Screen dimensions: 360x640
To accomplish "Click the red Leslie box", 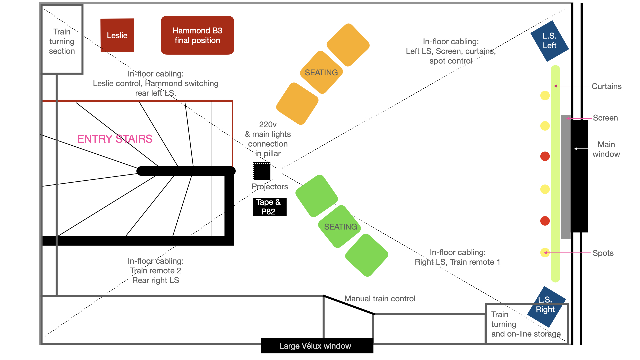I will [x=117, y=35].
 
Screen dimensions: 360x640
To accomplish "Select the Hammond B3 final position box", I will [x=197, y=35].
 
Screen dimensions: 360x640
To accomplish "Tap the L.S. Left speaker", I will [x=549, y=41].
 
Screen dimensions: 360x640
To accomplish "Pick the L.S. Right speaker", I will [x=546, y=305].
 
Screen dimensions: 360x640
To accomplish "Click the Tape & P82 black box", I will [x=270, y=207].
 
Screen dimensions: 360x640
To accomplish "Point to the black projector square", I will [x=262, y=171].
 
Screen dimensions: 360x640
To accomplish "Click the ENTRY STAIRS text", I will [x=115, y=139].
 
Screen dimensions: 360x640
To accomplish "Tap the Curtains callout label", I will [x=606, y=86].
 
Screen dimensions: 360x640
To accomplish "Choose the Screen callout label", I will [x=605, y=118].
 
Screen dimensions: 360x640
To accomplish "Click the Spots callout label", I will [x=603, y=253].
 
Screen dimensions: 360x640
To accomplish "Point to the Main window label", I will [x=606, y=149].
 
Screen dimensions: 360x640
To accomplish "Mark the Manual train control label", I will [x=380, y=299].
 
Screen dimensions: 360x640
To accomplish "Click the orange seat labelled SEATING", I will [x=321, y=73].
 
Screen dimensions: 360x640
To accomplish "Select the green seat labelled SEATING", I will [x=340, y=227].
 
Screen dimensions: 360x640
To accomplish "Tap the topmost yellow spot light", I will [x=545, y=96].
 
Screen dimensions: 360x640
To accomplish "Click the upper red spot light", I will [x=545, y=156].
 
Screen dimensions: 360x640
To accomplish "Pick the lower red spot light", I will [x=545, y=221].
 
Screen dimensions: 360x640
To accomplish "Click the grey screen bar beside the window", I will [x=566, y=177].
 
